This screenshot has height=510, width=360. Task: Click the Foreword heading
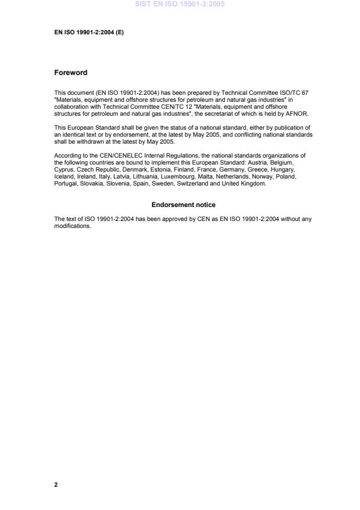click(70, 73)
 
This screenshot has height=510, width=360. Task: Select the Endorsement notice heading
click(183, 205)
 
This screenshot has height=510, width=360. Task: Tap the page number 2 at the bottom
click(56, 484)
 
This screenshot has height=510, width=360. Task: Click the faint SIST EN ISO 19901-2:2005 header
click(180, 4)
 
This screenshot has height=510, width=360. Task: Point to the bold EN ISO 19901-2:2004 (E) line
click(88, 33)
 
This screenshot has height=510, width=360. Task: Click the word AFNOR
click(297, 115)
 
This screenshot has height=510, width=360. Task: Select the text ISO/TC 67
click(293, 92)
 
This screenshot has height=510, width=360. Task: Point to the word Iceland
click(64, 176)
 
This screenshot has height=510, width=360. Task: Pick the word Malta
click(198, 176)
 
